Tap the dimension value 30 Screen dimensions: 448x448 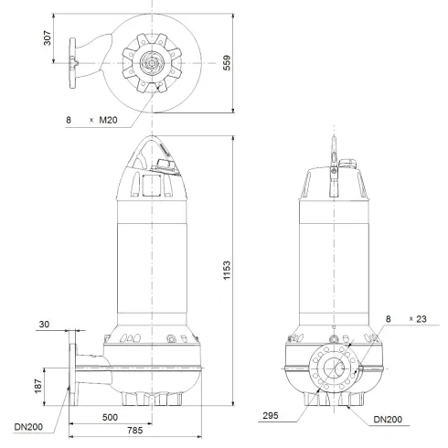point(47,324)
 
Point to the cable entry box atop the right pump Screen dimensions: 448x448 point(348,164)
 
